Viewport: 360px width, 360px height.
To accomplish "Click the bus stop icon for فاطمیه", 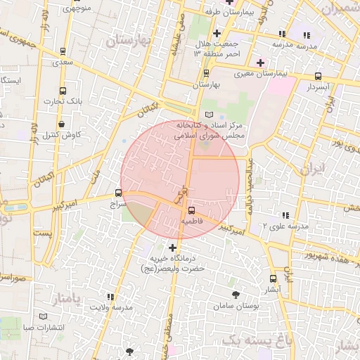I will (x=192, y=210).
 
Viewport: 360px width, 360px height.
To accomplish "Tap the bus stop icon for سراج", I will (x=117, y=193).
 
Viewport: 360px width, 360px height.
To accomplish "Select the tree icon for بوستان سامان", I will (x=235, y=295).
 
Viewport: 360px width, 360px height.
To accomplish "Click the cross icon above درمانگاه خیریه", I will (x=173, y=247).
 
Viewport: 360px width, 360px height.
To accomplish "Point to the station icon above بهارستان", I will (x=206, y=73).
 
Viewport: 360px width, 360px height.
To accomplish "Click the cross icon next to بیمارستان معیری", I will (x=260, y=63).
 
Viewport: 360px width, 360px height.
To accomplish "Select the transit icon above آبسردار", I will (x=318, y=76).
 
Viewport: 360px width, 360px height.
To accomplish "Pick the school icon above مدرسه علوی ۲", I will (x=285, y=215).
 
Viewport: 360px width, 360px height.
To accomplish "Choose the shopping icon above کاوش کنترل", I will (x=62, y=124).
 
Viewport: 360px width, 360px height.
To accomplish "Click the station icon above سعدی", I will (x=63, y=51).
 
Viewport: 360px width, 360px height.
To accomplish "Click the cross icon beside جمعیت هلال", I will (x=217, y=33).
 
